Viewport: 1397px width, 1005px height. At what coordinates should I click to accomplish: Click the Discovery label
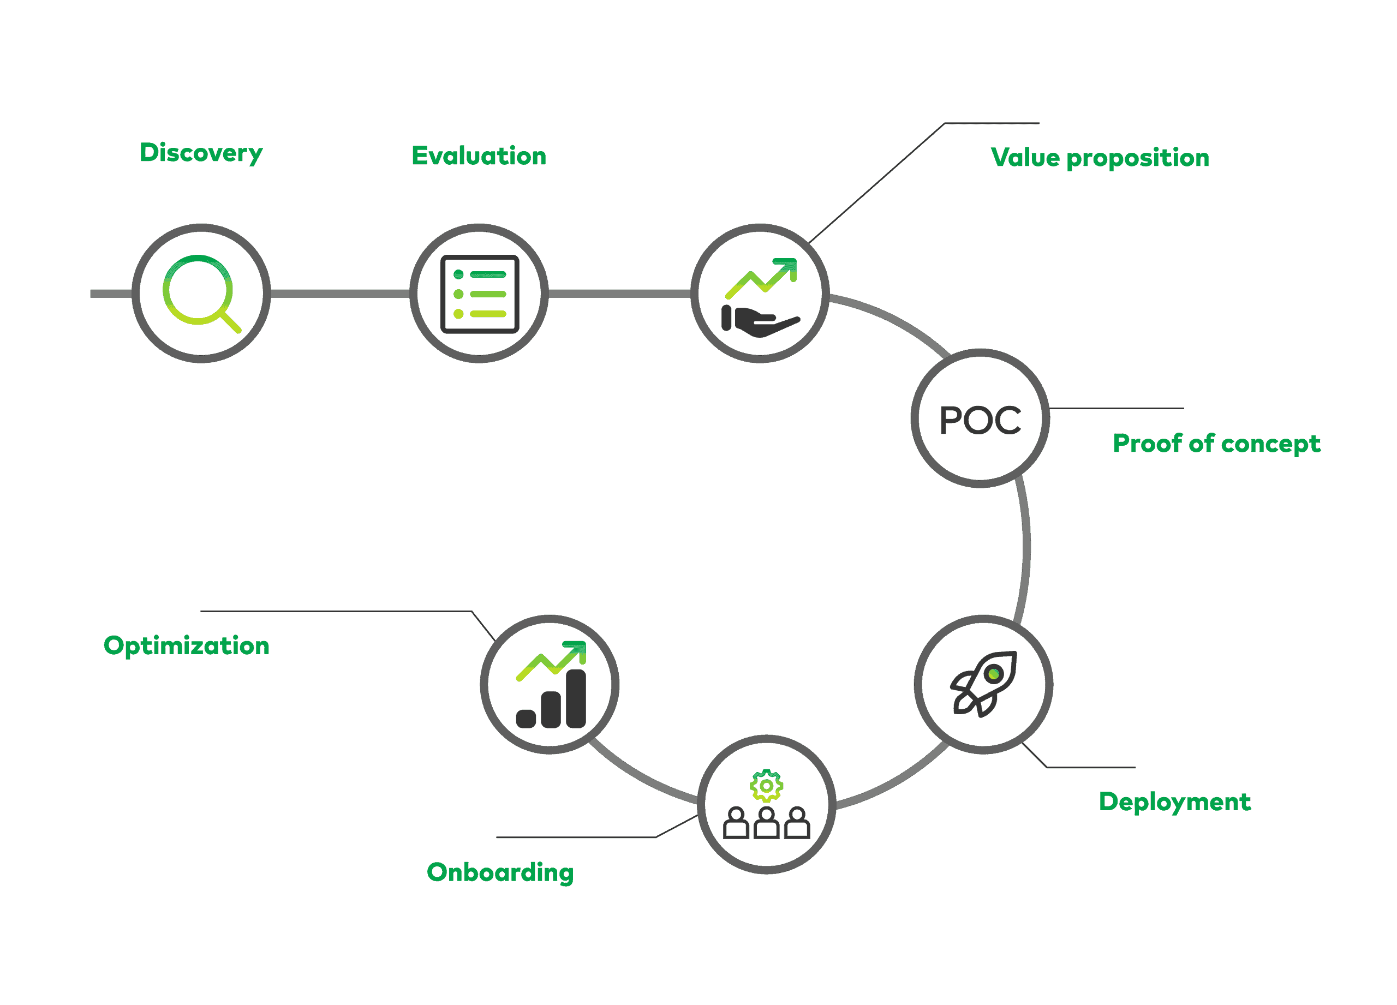(x=201, y=153)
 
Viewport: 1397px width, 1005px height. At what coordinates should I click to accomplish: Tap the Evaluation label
(x=479, y=156)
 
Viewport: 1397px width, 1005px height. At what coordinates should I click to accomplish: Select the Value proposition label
(x=1100, y=158)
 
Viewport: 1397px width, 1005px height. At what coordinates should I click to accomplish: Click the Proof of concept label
(x=1216, y=444)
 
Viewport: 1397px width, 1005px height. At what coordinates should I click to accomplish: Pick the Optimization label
(x=186, y=645)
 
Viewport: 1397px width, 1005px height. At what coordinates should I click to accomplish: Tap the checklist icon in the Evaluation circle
(x=480, y=294)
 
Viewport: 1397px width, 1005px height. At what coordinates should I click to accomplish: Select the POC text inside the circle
(x=980, y=420)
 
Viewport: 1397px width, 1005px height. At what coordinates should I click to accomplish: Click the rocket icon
(x=983, y=684)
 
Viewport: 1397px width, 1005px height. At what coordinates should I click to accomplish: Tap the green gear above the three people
(x=766, y=786)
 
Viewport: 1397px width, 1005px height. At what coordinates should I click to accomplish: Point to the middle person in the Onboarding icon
(x=766, y=823)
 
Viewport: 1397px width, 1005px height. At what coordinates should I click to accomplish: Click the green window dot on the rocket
(x=993, y=674)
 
